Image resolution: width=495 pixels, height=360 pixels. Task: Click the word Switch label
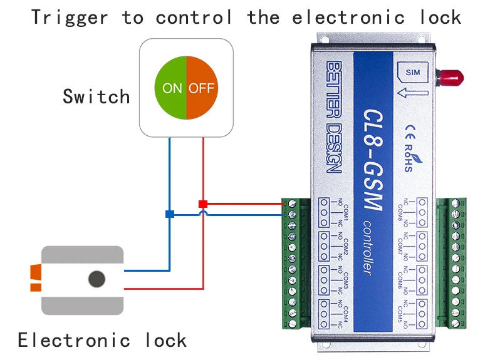click(x=96, y=97)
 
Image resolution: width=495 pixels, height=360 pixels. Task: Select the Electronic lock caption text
click(x=102, y=341)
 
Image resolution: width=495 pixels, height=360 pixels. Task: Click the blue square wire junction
click(x=169, y=214)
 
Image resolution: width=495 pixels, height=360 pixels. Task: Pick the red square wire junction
click(x=202, y=203)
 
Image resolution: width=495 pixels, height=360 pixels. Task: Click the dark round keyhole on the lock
click(x=96, y=279)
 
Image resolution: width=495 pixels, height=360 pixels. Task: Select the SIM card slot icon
click(x=412, y=73)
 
